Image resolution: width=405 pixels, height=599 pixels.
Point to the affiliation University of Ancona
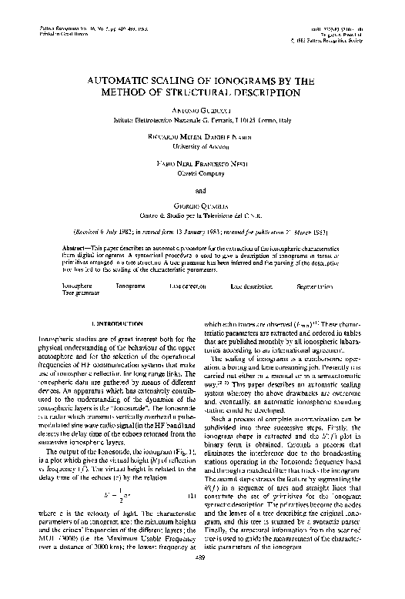pyautogui.click(x=202, y=144)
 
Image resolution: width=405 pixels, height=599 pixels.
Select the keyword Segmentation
pyautogui.click(x=316, y=285)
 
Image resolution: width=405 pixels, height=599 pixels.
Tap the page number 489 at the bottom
pyautogui.click(x=202, y=581)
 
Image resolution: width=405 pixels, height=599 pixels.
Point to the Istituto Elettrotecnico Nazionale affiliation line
pyautogui.click(x=201, y=121)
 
